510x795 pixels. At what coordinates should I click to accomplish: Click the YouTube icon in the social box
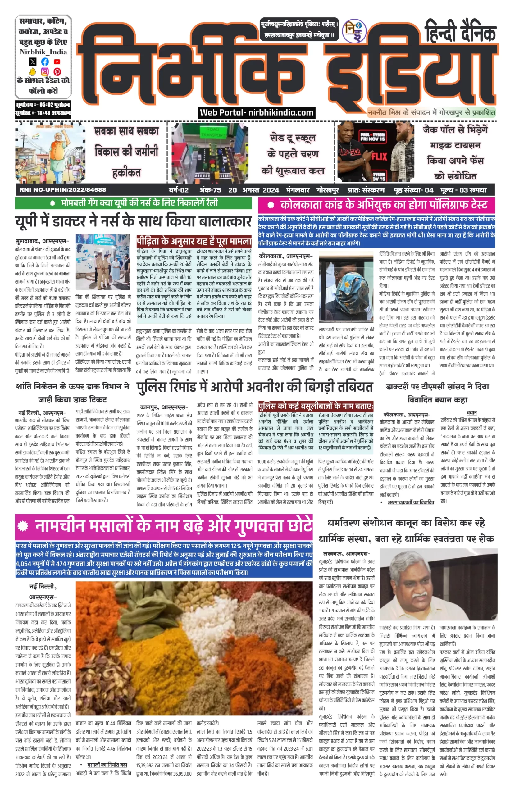click(x=57, y=61)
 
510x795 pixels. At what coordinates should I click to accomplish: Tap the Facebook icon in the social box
click(x=45, y=61)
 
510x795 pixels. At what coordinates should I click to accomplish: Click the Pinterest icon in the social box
click(x=57, y=71)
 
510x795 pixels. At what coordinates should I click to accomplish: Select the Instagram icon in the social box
click(x=45, y=71)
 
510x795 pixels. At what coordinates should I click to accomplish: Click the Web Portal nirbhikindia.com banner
click(x=257, y=113)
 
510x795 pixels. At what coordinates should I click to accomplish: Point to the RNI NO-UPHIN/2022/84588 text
click(x=63, y=190)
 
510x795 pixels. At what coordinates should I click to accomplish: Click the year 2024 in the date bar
click(x=271, y=190)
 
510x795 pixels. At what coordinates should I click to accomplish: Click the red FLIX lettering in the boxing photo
click(x=379, y=156)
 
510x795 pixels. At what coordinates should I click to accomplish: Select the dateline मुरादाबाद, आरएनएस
click(x=42, y=241)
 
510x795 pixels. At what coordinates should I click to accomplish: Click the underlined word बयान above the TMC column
click(x=471, y=413)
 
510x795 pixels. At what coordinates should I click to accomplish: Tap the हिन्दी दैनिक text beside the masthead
click(x=460, y=31)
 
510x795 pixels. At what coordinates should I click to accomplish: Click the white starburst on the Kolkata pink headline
click(x=271, y=205)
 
